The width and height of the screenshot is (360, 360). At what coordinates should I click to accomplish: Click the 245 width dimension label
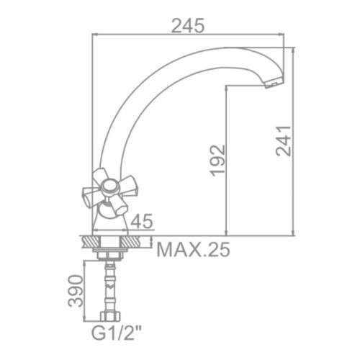(188, 26)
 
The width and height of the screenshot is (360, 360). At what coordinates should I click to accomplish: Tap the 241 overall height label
(284, 141)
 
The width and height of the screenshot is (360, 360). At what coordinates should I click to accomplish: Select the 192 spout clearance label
(217, 161)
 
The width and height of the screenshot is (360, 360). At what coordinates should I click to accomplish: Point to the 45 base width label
(142, 221)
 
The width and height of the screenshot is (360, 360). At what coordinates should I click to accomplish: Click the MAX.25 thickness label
(193, 250)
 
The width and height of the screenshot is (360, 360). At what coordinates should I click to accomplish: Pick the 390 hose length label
(75, 291)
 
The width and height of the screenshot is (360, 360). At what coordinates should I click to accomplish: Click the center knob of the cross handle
(109, 186)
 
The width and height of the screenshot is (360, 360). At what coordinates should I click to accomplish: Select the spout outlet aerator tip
(274, 84)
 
